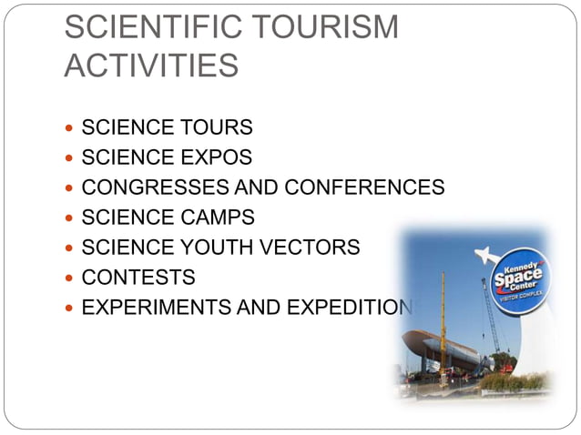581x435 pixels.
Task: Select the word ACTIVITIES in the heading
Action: tap(151, 66)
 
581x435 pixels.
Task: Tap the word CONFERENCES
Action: tap(364, 187)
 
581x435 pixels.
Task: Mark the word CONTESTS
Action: tap(138, 277)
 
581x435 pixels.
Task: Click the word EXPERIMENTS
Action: tap(156, 307)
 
